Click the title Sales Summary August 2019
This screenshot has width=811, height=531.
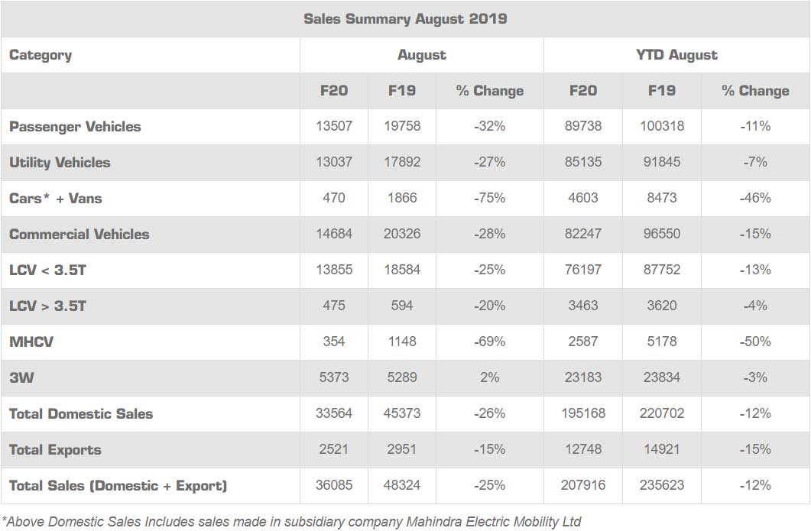click(x=405, y=19)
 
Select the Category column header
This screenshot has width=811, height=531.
click(x=41, y=55)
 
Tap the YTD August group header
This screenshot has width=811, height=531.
click(x=676, y=55)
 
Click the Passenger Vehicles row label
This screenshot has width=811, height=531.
click(x=75, y=127)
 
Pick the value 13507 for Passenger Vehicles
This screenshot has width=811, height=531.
click(x=334, y=127)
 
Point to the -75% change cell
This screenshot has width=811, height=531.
click(x=489, y=199)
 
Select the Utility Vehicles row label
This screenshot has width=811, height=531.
click(x=60, y=163)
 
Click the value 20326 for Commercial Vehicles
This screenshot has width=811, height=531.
click(x=402, y=235)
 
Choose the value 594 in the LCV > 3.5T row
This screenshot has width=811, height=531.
click(x=402, y=306)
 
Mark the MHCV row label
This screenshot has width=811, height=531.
click(x=31, y=342)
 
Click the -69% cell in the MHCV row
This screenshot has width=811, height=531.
click(x=489, y=342)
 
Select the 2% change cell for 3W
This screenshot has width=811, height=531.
click(x=489, y=378)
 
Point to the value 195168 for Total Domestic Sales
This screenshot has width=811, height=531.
click(x=583, y=414)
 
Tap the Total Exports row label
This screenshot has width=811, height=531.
click(x=55, y=450)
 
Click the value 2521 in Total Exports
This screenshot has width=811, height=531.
click(x=334, y=450)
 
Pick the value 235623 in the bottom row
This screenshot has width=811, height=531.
click(x=662, y=486)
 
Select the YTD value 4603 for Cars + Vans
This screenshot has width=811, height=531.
click(x=583, y=199)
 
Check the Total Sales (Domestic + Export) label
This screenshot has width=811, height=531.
click(x=118, y=486)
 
